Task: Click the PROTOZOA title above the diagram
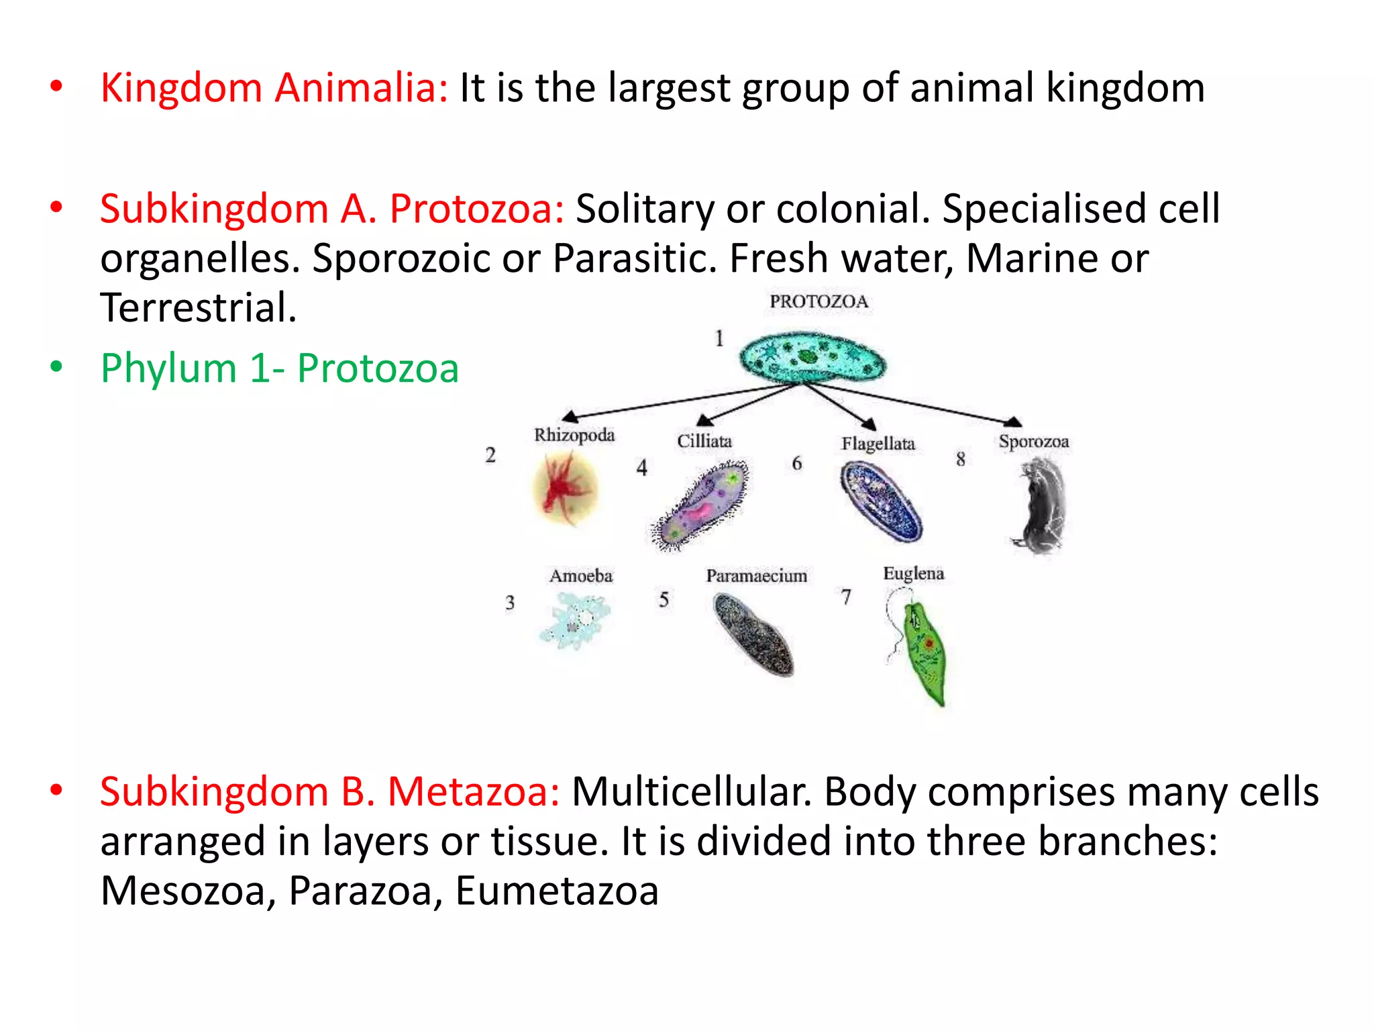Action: pyautogui.click(x=818, y=301)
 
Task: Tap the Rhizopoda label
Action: pyautogui.click(x=574, y=435)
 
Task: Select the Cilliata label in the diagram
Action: pyautogui.click(x=704, y=441)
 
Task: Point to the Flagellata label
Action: pyautogui.click(x=878, y=444)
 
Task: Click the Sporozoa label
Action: pyautogui.click(x=1033, y=442)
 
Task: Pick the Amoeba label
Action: pyautogui.click(x=581, y=576)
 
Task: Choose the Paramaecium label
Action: pyautogui.click(x=756, y=576)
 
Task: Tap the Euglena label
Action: pyautogui.click(x=913, y=573)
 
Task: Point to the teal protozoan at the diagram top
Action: pyautogui.click(x=812, y=358)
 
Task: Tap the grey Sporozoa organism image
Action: pyautogui.click(x=1042, y=506)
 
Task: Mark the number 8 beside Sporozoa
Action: pyautogui.click(x=961, y=459)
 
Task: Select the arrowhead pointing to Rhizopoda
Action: pyautogui.click(x=570, y=416)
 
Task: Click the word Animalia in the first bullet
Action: pyautogui.click(x=361, y=88)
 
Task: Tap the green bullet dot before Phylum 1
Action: pyautogui.click(x=56, y=366)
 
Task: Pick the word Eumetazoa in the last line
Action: pyautogui.click(x=557, y=891)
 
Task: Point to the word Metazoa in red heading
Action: pyautogui.click(x=473, y=791)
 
